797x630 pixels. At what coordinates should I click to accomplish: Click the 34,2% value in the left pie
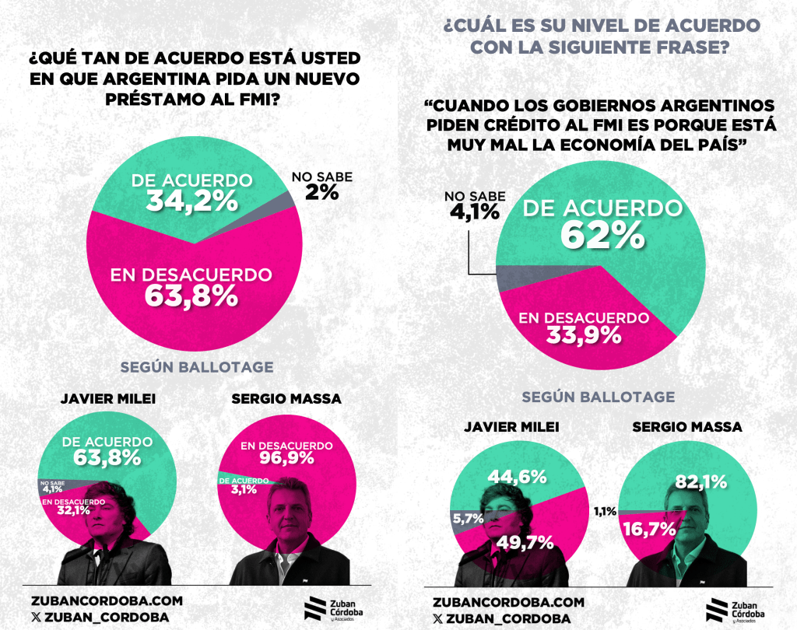click(191, 200)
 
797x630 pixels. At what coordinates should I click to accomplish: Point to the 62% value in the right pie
click(602, 234)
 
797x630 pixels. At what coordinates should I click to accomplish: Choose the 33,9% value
click(583, 335)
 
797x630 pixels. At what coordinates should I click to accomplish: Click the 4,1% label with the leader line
click(474, 211)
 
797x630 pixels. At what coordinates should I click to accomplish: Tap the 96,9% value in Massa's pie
click(286, 458)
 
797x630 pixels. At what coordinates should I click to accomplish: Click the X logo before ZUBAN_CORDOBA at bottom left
click(37, 617)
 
